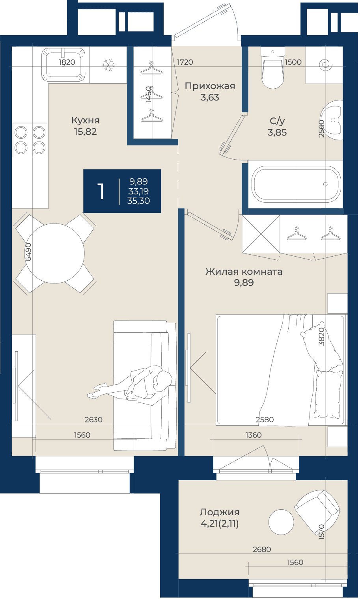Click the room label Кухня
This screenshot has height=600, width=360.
click(86, 120)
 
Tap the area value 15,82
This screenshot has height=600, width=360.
click(86, 132)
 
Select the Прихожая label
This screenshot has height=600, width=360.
click(210, 86)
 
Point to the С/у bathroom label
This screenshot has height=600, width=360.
click(277, 121)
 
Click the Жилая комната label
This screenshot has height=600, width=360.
click(244, 272)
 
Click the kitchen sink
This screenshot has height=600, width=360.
click(63, 65)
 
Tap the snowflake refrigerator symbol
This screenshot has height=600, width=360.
click(108, 65)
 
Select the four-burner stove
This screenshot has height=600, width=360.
click(30, 140)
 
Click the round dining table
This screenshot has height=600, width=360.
click(55, 253)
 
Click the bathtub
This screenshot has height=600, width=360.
click(296, 184)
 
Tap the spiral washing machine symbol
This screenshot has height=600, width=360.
click(326, 65)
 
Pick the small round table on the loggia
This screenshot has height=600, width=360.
click(281, 522)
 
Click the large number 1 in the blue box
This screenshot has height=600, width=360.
click(101, 191)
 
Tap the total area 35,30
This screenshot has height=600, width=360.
click(138, 201)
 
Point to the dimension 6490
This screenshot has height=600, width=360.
click(28, 252)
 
